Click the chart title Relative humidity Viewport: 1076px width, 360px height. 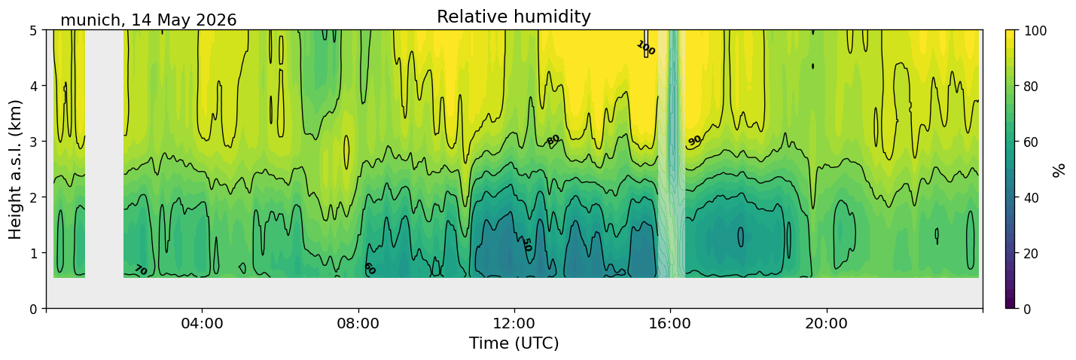coord(514,17)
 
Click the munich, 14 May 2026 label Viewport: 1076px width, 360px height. coord(148,20)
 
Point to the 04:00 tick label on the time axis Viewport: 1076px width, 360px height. coord(203,323)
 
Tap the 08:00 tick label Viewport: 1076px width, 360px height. coord(358,323)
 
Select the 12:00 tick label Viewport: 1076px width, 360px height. coord(514,323)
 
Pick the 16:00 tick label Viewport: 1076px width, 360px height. coord(671,323)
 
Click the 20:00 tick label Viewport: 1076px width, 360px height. coord(827,323)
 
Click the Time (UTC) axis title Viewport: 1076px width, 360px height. coord(514,343)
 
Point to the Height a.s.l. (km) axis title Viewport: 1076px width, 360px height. coord(15,169)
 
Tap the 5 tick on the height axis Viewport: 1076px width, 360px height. coord(34,30)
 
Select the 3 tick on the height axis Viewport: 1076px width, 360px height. coord(34,142)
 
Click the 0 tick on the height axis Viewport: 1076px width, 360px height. coord(34,309)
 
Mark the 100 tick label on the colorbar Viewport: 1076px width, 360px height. coord(1035,31)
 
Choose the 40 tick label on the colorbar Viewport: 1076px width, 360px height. coord(1032,198)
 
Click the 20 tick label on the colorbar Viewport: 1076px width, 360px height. coord(1032,254)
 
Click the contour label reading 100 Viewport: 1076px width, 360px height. coord(645,47)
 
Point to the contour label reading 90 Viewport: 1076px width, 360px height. coord(694,141)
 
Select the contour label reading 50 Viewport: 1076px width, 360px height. coord(526,245)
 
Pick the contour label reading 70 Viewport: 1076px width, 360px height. coord(140,270)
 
